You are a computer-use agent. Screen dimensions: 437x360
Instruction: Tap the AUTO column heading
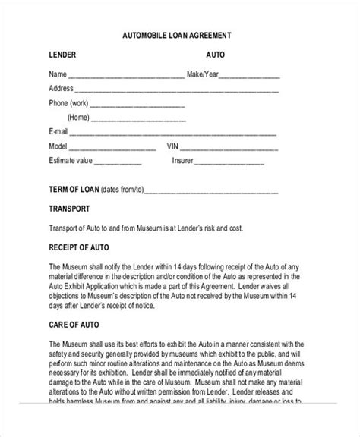(x=215, y=55)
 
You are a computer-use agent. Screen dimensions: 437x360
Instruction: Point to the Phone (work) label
(x=68, y=103)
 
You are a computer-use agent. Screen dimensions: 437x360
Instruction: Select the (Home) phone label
(x=79, y=118)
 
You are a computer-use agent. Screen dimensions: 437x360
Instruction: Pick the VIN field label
(x=173, y=146)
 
